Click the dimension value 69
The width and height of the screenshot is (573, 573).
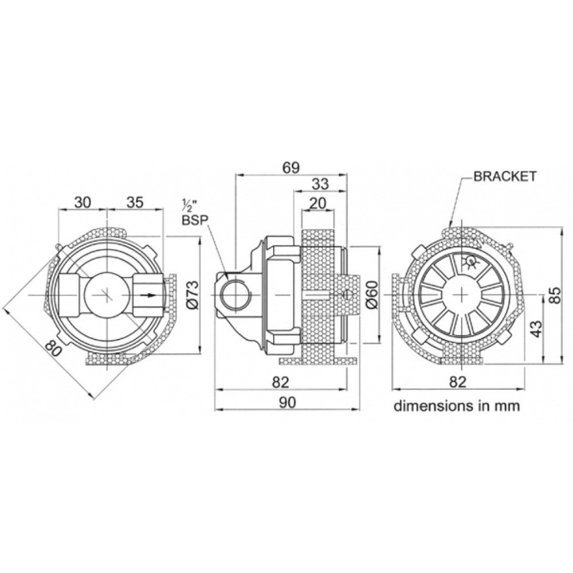(291, 167)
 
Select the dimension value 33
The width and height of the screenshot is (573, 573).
(320, 184)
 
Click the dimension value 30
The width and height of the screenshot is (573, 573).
(82, 202)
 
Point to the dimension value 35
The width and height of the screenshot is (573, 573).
(135, 202)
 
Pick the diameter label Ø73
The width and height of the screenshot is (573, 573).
(194, 295)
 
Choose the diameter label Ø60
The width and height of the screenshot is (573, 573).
(372, 295)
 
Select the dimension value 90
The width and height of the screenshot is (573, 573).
(288, 402)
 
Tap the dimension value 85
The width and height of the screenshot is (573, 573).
(555, 295)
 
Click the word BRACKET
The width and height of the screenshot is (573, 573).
(505, 176)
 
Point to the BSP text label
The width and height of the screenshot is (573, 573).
(194, 219)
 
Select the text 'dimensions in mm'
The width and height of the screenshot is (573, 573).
(457, 406)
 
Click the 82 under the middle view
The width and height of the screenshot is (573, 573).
(280, 382)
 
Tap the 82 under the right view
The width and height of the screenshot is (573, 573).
(457, 382)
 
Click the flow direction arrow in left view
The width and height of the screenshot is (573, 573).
(149, 295)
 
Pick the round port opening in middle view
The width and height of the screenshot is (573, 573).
(236, 295)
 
